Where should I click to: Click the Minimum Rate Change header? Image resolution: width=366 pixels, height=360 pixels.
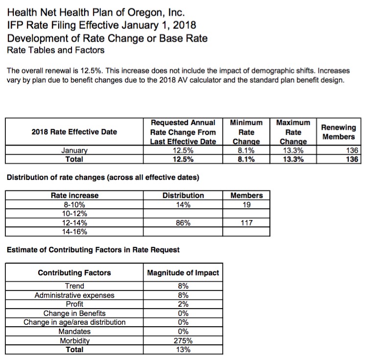246,132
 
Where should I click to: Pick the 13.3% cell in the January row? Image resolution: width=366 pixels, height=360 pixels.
293,151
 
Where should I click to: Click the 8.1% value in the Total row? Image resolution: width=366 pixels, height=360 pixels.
246,159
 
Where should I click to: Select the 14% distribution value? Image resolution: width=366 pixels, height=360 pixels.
183,204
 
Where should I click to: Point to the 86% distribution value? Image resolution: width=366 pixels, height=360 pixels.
183,223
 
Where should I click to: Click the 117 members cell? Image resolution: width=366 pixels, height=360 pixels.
247,223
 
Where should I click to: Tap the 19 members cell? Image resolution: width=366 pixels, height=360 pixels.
247,204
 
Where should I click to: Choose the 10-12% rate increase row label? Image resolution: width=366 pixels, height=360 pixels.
74,214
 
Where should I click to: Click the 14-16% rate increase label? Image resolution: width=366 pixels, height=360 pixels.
74,231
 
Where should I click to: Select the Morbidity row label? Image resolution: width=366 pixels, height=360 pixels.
74,340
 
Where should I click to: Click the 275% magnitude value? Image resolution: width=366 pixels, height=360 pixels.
183,340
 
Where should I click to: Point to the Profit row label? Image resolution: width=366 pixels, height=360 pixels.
74,304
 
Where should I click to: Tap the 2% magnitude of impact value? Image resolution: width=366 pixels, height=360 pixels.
183,304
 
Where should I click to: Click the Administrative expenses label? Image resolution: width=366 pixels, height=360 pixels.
74,295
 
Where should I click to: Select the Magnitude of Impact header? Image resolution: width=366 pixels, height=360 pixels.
183,272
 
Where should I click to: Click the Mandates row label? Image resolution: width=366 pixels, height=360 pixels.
74,332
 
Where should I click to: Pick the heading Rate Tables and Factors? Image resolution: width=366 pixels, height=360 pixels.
56,50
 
